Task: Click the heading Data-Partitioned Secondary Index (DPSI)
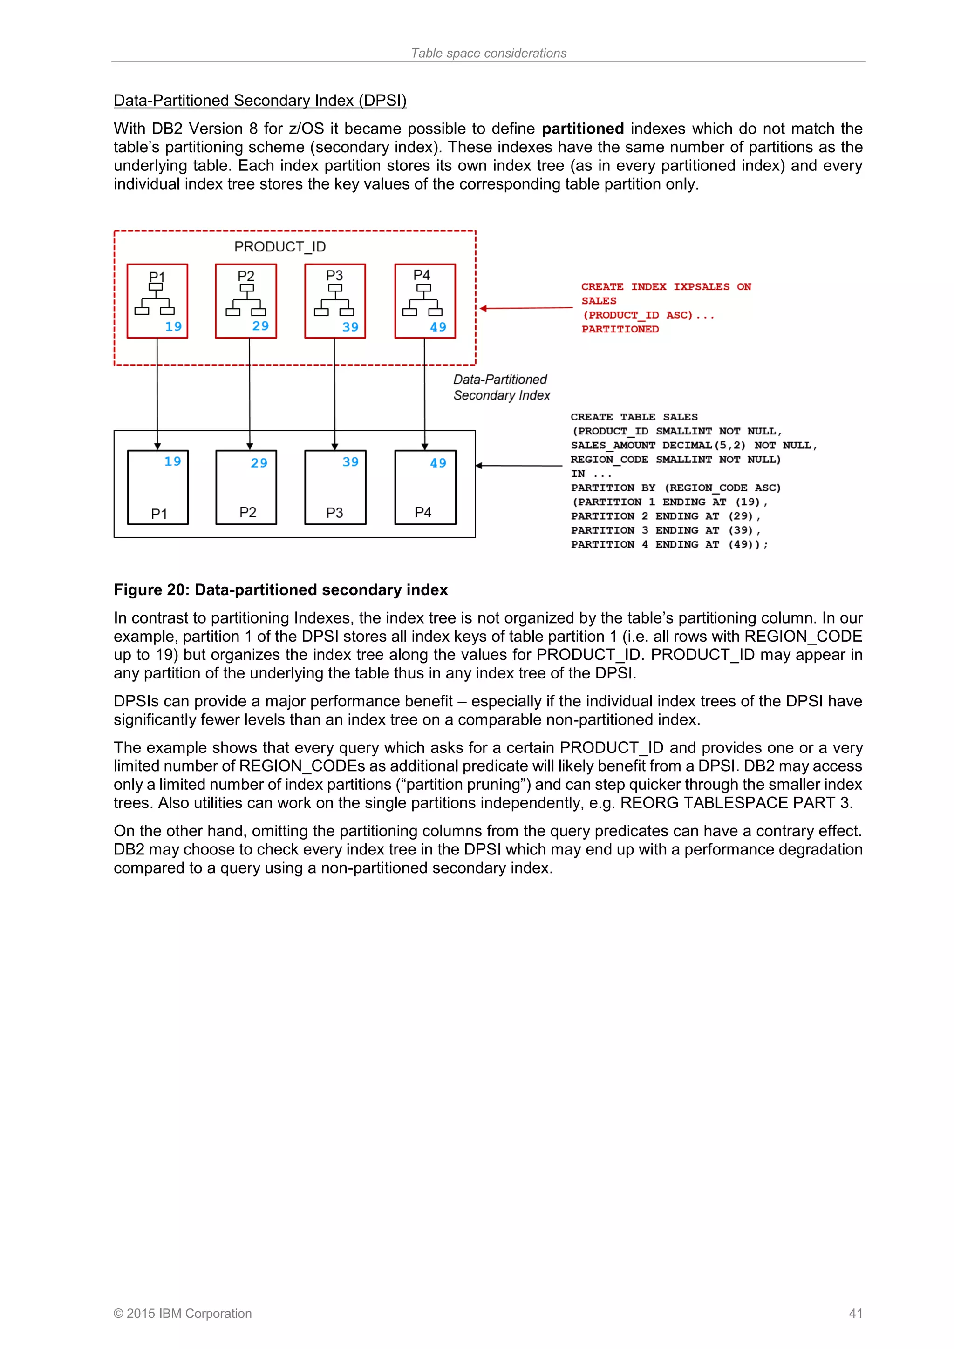point(260,101)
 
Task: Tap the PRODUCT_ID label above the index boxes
point(280,247)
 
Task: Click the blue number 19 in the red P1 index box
point(173,327)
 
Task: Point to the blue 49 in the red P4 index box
point(438,327)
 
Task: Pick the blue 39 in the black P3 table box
point(350,462)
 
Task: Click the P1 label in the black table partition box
point(159,514)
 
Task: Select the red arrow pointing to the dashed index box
point(525,308)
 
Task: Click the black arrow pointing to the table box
point(518,466)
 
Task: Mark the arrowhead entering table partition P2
point(250,447)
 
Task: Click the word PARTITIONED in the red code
point(620,330)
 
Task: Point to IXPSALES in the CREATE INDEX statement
point(701,287)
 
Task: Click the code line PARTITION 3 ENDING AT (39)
point(665,530)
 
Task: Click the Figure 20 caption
point(280,590)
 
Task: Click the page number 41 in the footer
point(855,1313)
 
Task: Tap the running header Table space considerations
point(489,54)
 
